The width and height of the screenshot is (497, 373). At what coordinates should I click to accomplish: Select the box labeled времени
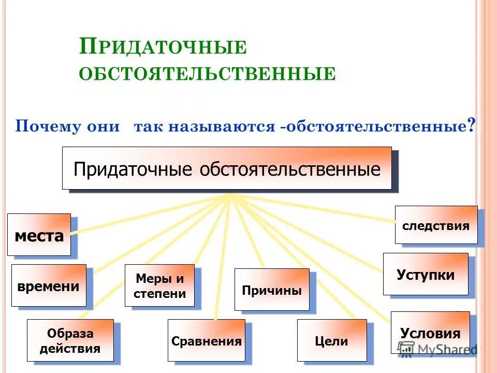[x=49, y=285]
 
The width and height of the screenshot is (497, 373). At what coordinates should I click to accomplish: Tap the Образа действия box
[x=70, y=340]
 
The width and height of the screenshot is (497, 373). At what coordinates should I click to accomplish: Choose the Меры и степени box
[x=159, y=285]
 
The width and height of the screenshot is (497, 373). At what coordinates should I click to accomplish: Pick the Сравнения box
[x=206, y=340]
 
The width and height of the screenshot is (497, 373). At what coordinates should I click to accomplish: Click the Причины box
[x=271, y=290]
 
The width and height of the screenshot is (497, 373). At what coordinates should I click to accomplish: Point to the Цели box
[x=331, y=340]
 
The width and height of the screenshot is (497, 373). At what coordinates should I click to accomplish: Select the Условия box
[x=430, y=333]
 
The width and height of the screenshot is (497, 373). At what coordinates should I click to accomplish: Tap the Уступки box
[x=426, y=274]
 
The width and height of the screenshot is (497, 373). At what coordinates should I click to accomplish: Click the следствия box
[x=436, y=225]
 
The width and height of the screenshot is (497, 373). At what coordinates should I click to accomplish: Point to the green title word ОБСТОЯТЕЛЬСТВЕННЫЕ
[x=207, y=74]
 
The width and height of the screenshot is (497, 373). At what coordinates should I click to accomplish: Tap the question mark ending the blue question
[x=471, y=125]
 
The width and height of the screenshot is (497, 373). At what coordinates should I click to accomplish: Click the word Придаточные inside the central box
[x=134, y=169]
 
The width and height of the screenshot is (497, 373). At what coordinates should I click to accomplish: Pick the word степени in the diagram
[x=159, y=294]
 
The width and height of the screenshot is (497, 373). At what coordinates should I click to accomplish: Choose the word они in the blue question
[x=103, y=127]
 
